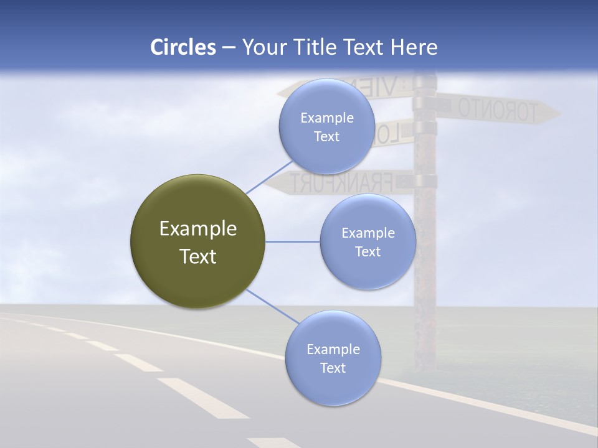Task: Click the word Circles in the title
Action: coord(183,47)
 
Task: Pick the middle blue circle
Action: coord(368,264)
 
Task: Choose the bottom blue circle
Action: coord(333,386)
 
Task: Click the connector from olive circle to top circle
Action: coord(268,175)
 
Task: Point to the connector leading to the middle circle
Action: coord(293,241)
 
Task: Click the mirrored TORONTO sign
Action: coord(498,110)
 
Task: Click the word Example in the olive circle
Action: coord(197,229)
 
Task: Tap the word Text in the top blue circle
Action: coord(326,137)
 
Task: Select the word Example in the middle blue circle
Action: coord(368,233)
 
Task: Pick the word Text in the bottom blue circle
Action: coord(333,368)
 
